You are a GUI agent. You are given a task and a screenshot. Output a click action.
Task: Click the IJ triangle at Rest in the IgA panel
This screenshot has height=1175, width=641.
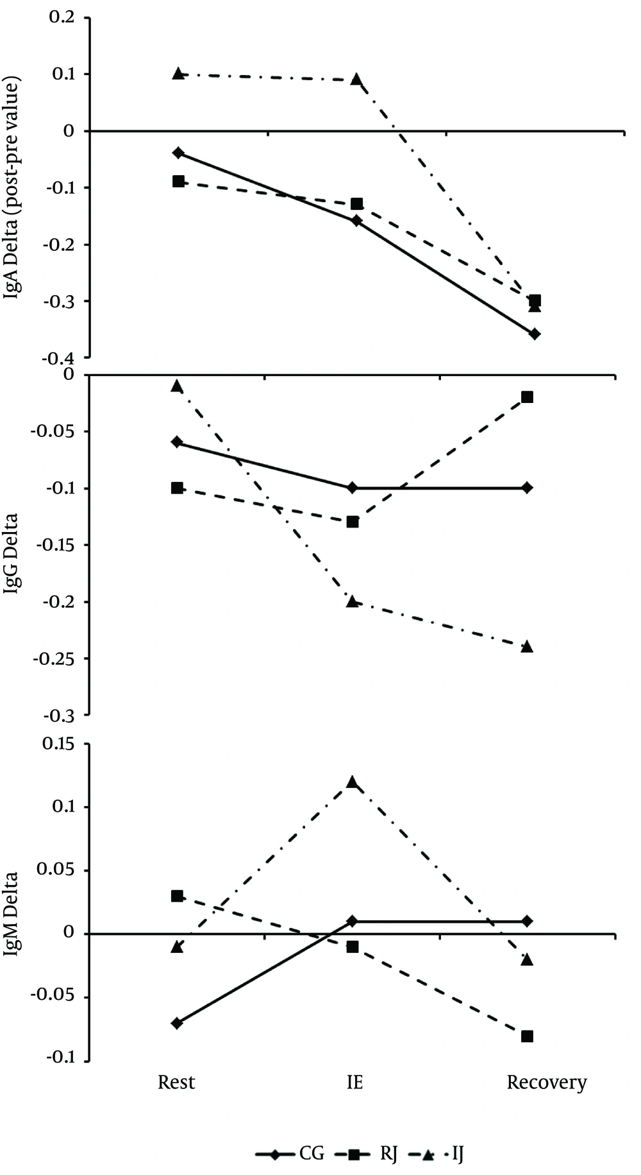pos(179,73)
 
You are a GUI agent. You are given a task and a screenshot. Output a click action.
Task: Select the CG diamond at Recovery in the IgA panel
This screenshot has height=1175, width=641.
pos(535,334)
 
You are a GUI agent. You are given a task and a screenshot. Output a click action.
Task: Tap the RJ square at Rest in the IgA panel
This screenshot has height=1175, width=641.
pos(179,181)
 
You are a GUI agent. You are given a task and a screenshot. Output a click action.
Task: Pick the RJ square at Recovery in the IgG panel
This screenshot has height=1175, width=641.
pos(527,397)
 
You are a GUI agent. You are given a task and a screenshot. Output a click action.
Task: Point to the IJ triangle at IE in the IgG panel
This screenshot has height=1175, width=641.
pos(352,601)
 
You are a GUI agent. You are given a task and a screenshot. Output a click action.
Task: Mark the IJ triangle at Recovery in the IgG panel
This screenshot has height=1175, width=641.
pos(527,646)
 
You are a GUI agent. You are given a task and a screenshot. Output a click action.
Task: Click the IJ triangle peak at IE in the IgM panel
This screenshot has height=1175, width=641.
pos(352,782)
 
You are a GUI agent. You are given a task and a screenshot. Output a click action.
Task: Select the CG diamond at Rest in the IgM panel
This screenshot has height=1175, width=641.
pos(178,1022)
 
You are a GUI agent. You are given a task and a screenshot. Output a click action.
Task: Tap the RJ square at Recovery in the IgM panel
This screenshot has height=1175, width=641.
pos(527,1036)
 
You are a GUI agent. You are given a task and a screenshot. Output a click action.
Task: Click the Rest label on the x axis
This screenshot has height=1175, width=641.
pos(176,1083)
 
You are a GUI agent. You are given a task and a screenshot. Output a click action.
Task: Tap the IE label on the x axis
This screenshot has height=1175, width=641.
pos(354,1083)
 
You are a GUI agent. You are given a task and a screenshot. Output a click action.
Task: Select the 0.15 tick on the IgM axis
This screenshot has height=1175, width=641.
pos(57,744)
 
